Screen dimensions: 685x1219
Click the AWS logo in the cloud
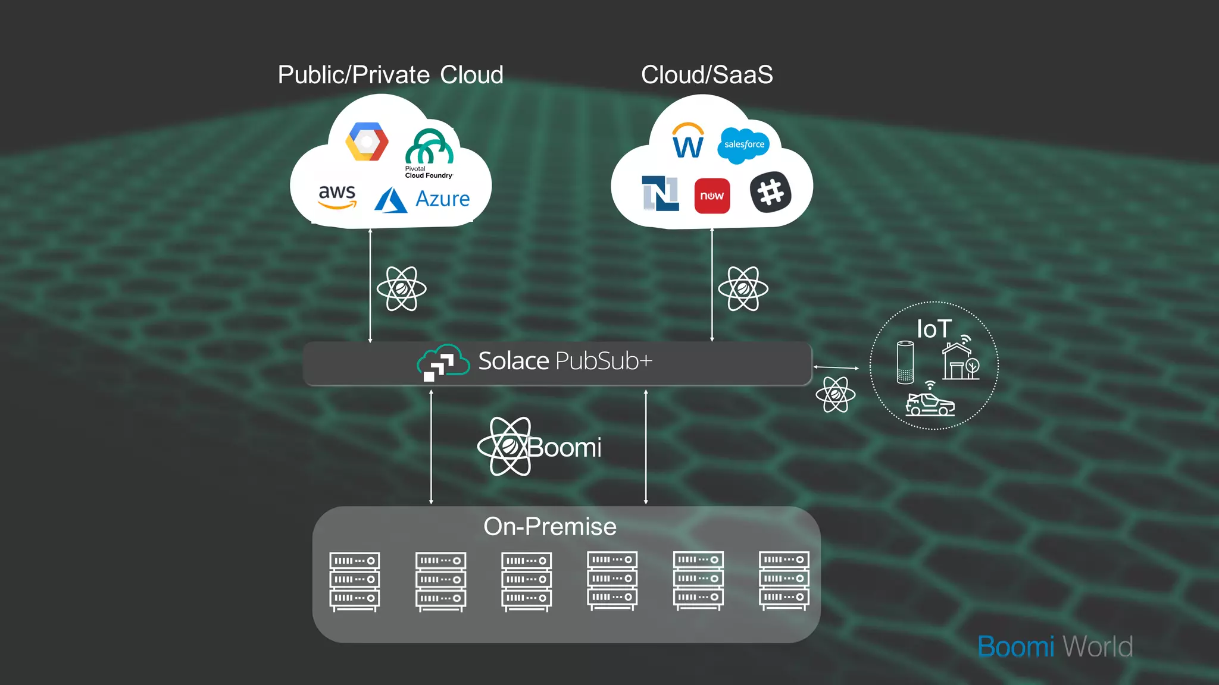337,197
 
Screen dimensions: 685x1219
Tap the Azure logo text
442,199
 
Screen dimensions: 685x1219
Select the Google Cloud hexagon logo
367,142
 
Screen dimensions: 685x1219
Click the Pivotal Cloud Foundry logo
429,152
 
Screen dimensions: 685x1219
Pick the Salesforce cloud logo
743,144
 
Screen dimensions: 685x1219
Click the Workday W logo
688,142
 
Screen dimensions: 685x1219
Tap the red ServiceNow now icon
712,196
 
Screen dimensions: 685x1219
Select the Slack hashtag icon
771,192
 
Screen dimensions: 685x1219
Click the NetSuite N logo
660,193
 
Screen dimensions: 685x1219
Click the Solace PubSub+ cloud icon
442,362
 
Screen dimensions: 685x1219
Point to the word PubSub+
604,361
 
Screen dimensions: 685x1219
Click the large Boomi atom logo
510,447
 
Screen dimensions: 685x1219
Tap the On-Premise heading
549,527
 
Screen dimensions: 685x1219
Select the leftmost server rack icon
355,581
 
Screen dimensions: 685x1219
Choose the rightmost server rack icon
784,580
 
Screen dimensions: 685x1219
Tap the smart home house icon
959,360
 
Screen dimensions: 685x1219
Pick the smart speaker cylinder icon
905,362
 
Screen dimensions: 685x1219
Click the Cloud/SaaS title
707,75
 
